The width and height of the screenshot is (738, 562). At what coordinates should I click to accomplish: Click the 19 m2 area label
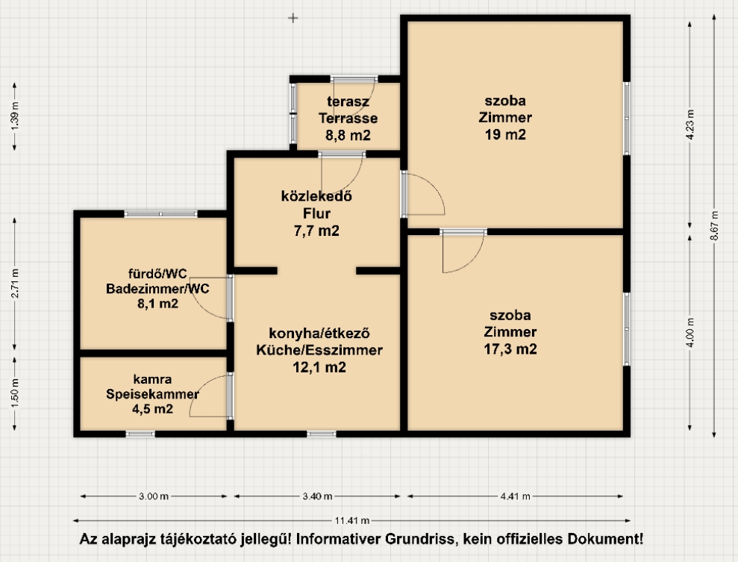click(x=505, y=134)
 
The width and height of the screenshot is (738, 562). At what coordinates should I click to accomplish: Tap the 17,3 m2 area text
click(x=510, y=349)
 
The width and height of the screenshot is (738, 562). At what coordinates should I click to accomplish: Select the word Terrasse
click(x=348, y=118)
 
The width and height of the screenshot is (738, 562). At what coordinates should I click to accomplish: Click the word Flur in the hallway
click(x=316, y=213)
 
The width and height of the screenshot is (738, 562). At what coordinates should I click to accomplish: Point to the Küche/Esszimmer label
click(x=319, y=350)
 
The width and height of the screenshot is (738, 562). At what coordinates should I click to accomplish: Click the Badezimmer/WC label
click(x=157, y=289)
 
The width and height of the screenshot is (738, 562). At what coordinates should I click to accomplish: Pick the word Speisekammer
click(x=152, y=394)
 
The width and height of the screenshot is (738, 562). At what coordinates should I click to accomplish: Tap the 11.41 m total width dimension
click(x=352, y=521)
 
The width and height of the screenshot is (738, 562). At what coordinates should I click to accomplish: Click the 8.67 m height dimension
click(x=714, y=225)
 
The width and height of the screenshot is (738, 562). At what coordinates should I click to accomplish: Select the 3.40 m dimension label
click(x=317, y=496)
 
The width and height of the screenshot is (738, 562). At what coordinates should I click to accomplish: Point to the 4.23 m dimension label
click(x=690, y=124)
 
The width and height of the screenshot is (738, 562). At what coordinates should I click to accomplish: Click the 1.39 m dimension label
click(x=15, y=116)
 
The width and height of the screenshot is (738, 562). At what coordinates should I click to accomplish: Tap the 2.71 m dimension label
click(x=15, y=284)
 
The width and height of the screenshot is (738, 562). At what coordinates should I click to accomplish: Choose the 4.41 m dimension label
click(x=516, y=496)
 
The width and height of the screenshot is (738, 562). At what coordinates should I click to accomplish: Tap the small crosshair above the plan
click(x=293, y=19)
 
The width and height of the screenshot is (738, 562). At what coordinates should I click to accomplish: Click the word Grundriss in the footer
click(x=422, y=539)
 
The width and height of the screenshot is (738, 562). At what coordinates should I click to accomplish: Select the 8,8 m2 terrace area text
click(x=348, y=136)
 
